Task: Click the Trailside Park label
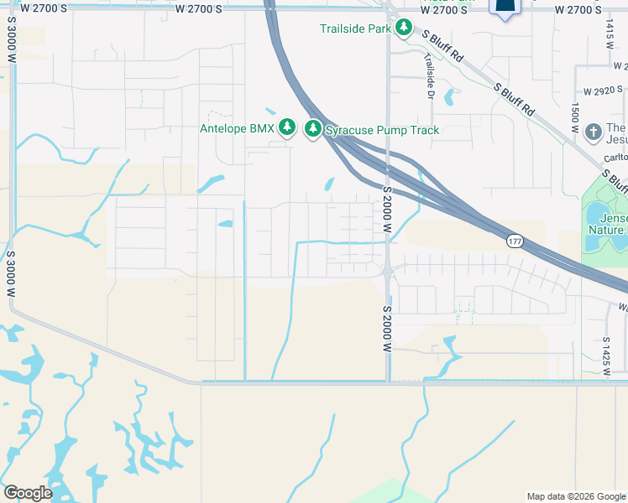point(355,29)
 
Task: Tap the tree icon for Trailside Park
point(404,29)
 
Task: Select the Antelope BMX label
point(238,128)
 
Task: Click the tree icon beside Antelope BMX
point(288,127)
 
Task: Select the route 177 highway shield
point(515,241)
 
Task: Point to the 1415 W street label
point(610,36)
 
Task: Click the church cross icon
point(594,132)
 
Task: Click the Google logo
point(28,493)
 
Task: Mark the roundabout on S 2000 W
point(387,271)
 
